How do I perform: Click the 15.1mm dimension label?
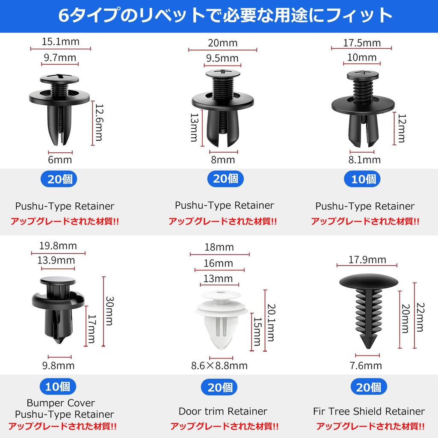point(60,42)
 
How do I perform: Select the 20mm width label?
point(222,43)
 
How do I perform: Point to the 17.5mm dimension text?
point(362,43)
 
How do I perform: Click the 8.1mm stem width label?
point(365,160)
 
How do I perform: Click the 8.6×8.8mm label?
point(219,365)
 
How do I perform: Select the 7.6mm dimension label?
point(367,365)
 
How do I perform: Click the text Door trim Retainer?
point(223,411)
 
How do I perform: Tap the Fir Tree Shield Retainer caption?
point(369,411)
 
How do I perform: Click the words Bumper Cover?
point(61,403)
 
